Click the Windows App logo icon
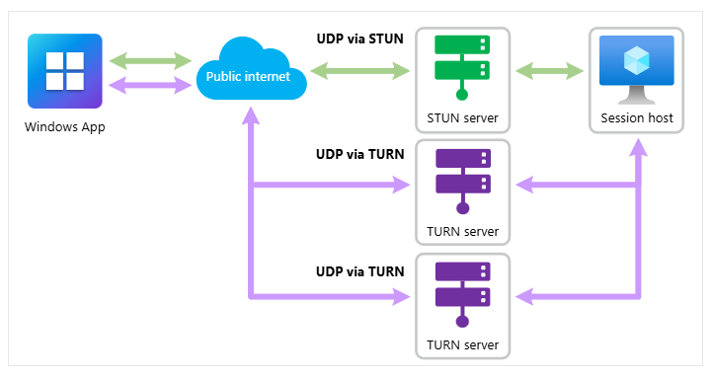(65, 70)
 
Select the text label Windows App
(65, 126)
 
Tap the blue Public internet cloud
(248, 73)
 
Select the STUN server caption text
(462, 118)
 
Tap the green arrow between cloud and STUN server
(359, 71)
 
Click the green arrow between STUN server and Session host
(549, 71)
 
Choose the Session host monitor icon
(636, 67)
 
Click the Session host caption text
(636, 118)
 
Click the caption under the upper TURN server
(462, 232)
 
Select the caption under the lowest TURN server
(462, 345)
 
